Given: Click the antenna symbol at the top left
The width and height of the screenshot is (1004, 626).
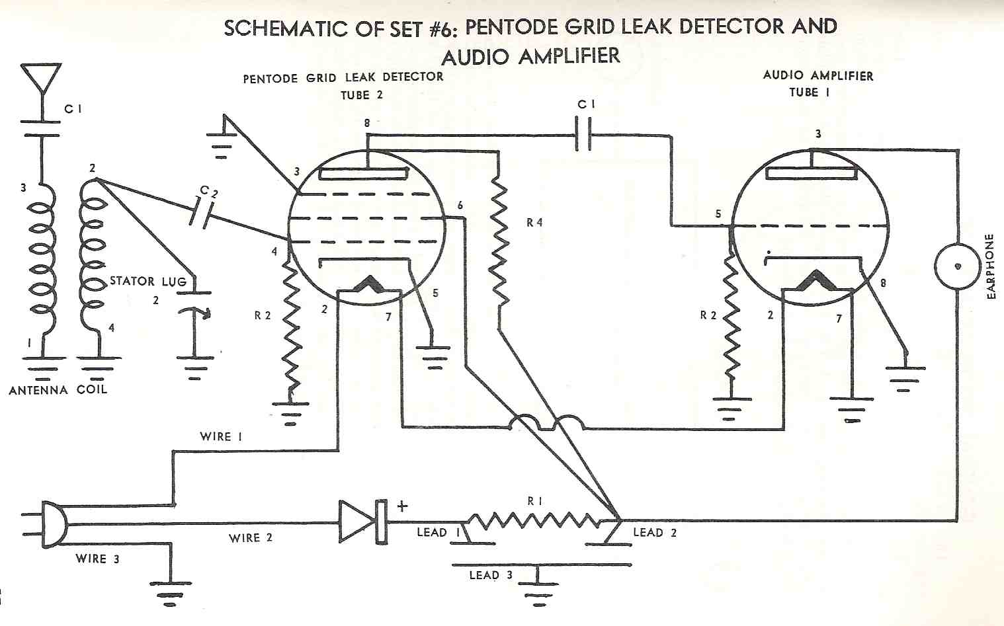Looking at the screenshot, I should (x=41, y=78).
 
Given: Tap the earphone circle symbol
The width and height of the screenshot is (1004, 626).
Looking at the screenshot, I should (x=956, y=266).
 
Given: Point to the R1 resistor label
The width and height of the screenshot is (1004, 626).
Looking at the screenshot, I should (x=534, y=501).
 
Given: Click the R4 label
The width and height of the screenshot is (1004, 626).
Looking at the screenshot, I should (x=534, y=223).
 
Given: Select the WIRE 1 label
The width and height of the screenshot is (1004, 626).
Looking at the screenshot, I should (x=221, y=436).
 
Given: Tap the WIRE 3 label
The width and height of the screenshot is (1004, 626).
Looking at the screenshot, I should (x=97, y=559).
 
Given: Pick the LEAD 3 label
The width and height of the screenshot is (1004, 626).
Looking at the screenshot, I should (x=491, y=574).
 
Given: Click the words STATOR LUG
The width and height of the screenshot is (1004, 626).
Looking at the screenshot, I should (x=148, y=281).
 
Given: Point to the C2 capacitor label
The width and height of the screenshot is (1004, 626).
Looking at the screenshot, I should (x=208, y=191).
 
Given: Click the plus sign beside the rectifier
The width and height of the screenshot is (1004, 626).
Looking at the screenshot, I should (x=402, y=506).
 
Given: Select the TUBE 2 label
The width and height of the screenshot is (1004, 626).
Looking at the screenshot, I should (x=362, y=95).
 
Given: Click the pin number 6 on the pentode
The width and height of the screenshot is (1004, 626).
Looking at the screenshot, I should (x=460, y=206).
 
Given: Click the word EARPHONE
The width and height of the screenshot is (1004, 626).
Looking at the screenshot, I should (x=990, y=266).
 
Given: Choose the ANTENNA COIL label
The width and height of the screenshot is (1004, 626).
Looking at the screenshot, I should (x=58, y=390).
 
